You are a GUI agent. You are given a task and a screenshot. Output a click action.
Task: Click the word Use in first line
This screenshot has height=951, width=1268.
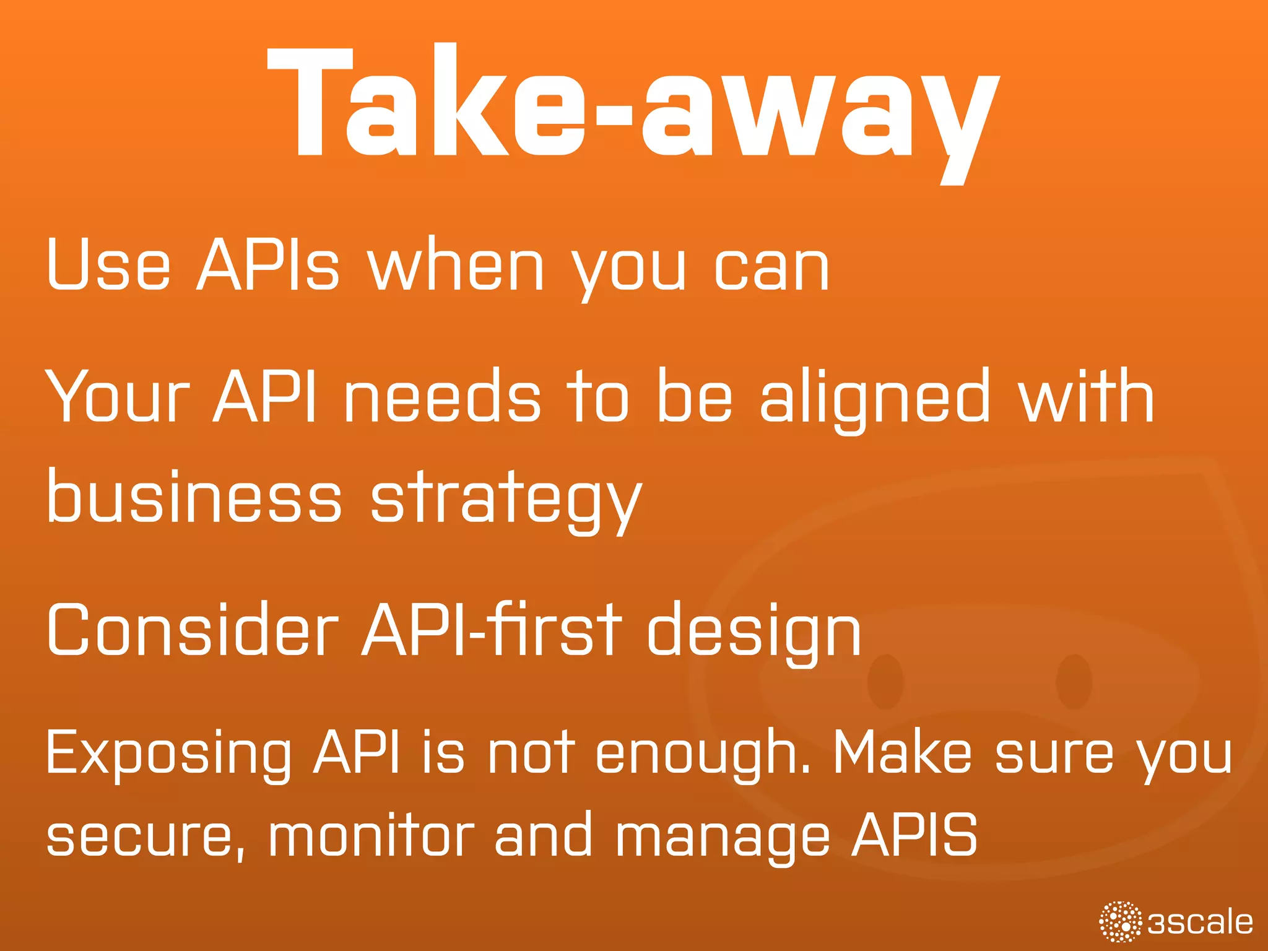(108, 265)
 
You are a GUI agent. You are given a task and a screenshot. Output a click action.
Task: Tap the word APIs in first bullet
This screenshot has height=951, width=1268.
(267, 265)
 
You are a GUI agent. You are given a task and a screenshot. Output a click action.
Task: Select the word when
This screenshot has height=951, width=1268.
(456, 265)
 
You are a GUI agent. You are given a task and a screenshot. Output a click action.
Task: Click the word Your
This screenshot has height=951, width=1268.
(118, 396)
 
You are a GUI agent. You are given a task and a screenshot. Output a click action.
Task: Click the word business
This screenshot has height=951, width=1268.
(194, 495)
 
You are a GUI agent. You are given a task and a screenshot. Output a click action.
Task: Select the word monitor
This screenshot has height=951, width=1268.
(371, 836)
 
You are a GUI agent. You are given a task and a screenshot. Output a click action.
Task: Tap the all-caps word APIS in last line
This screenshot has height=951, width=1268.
(914, 835)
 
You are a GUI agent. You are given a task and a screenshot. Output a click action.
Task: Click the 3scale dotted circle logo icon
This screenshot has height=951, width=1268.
(1120, 922)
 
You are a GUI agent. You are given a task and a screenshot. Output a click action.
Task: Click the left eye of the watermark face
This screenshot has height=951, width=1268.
(885, 681)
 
